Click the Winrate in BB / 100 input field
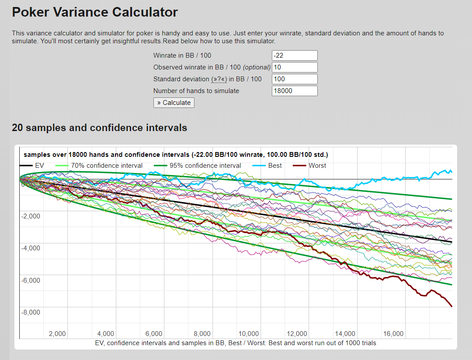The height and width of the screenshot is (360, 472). (294, 55)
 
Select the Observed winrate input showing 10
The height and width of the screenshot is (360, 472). (294, 67)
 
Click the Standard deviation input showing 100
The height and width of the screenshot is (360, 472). (294, 79)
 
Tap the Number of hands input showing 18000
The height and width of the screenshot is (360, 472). (294, 91)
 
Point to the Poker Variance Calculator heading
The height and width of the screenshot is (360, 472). (95, 12)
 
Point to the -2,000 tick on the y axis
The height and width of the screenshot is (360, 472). (31, 216)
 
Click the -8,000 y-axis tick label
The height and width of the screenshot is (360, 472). (31, 312)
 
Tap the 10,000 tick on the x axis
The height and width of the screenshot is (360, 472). (249, 334)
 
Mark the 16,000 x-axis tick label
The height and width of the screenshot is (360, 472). (393, 334)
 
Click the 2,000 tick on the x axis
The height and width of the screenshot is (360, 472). (57, 334)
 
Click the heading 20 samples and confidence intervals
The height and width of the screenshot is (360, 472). (100, 128)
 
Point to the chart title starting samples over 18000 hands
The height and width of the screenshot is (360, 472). (176, 155)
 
